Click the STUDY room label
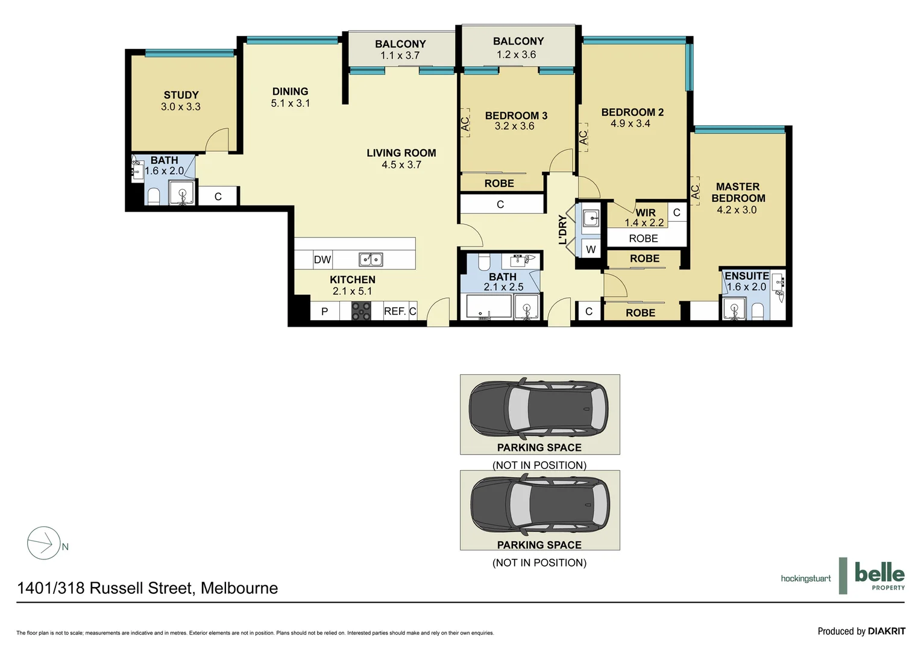[181, 95]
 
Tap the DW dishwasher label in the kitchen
[322, 260]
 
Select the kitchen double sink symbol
[371, 259]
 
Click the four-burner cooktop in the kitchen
[361, 311]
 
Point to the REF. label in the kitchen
[395, 311]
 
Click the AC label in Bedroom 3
[465, 124]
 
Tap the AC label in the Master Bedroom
[695, 192]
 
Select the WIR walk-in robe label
[646, 213]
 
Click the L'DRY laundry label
[562, 230]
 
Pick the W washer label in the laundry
[591, 250]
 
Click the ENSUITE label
[746, 276]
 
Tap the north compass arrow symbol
[44, 543]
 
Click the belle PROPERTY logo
[879, 576]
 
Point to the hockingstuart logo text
[805, 579]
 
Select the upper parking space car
[539, 408]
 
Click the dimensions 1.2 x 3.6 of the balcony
[516, 55]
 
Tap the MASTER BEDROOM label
[738, 192]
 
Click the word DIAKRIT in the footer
[886, 631]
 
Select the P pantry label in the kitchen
[324, 312]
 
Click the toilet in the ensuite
[758, 311]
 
